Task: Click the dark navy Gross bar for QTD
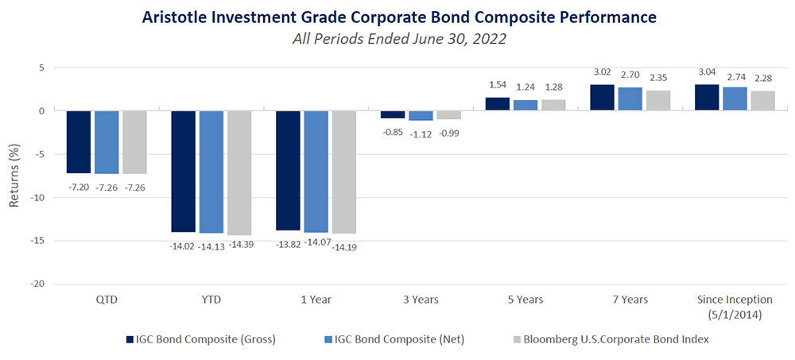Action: (78, 141)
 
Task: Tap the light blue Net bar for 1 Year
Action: (316, 171)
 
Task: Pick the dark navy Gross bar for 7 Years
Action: (602, 98)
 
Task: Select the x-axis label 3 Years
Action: (421, 300)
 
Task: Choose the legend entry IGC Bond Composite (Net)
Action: (394, 339)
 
